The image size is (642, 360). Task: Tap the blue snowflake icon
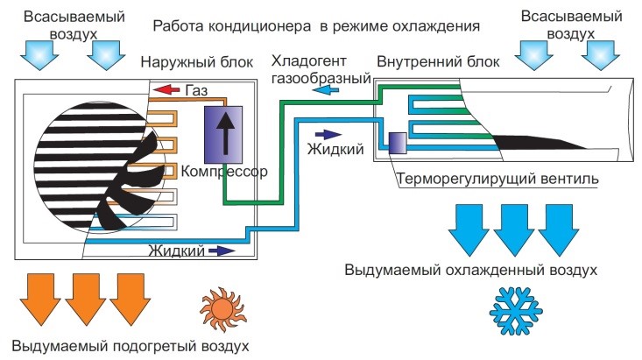point(514,307)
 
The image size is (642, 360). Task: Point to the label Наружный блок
point(197,62)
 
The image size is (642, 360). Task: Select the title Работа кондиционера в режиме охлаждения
point(316,25)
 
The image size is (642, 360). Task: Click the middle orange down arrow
point(88,295)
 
